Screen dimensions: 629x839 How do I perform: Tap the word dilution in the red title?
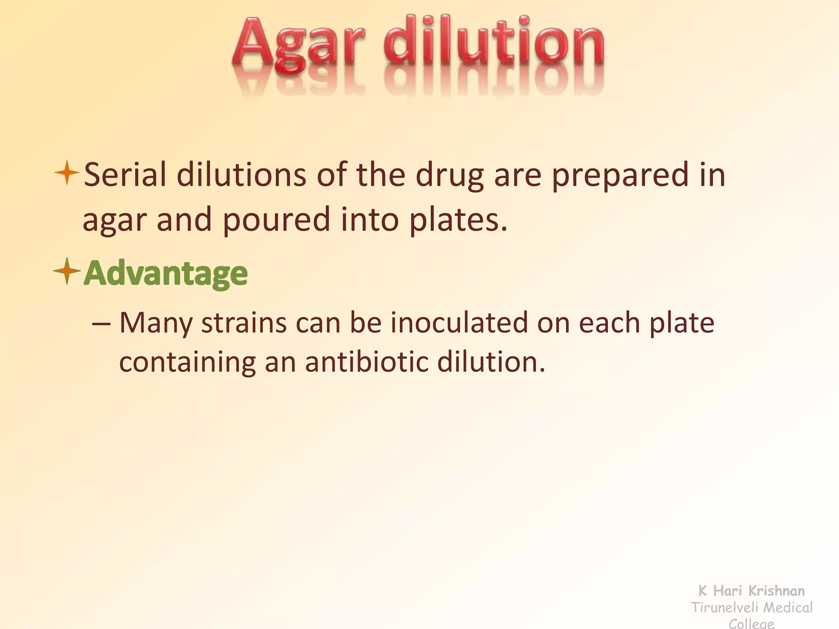(x=494, y=43)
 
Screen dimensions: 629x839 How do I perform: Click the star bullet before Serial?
(x=66, y=173)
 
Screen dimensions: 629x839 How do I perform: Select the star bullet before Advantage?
(x=66, y=271)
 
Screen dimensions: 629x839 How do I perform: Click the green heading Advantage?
(x=166, y=274)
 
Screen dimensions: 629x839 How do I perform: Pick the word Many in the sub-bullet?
(x=156, y=324)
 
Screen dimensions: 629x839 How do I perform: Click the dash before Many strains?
(x=101, y=324)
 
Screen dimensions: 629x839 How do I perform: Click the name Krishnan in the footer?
(x=776, y=591)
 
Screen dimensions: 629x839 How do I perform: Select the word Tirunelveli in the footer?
(x=722, y=608)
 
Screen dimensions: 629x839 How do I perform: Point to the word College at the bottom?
(x=752, y=624)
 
